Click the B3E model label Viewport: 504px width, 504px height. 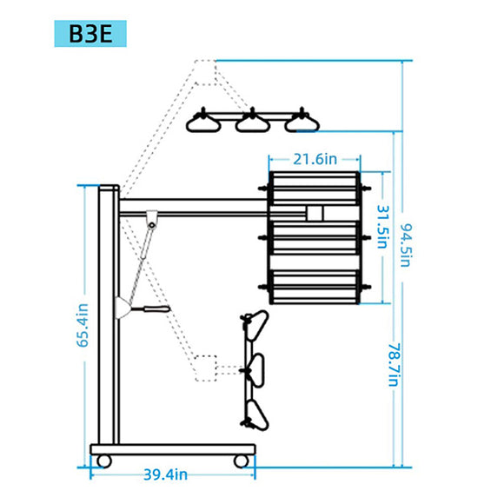click(90, 34)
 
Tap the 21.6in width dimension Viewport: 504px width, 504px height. click(315, 159)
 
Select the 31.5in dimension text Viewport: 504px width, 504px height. click(383, 227)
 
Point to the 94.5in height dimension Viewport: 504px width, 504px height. click(406, 245)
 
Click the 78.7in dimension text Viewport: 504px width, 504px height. click(395, 365)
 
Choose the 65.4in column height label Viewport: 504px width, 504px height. click(83, 325)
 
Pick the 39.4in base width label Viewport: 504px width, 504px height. click(165, 474)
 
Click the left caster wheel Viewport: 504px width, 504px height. click(103, 461)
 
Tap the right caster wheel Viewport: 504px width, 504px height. click(241, 461)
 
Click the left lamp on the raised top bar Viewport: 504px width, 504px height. click(203, 121)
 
